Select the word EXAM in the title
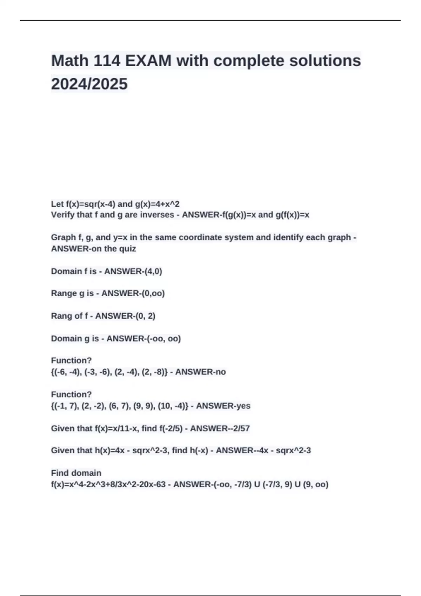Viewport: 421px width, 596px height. tap(148, 61)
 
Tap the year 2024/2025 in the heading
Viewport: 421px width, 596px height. tap(89, 84)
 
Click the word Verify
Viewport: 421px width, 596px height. tap(63, 215)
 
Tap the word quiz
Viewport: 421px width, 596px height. tap(127, 249)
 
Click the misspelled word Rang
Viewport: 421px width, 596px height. tap(61, 316)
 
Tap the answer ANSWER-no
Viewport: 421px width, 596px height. tap(200, 372)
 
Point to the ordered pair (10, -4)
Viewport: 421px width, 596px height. tap(172, 406)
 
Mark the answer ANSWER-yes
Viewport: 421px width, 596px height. tap(223, 406)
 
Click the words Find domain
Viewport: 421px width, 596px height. tap(76, 473)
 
